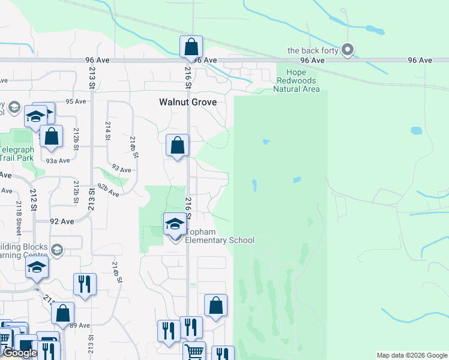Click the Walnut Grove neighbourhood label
tap(187, 102)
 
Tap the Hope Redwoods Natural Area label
tap(297, 81)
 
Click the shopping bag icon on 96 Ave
tap(191, 46)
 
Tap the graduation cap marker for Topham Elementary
tap(175, 225)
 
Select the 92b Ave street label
tap(109, 190)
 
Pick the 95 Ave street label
tap(76, 101)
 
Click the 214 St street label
tap(108, 127)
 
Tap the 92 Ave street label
tap(62, 221)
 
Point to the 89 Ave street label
tap(80, 325)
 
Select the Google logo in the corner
tap(20, 353)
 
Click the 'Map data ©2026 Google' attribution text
tap(411, 355)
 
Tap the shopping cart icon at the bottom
tap(193, 352)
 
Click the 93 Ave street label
tap(121, 170)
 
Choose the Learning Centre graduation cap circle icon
tap(57, 250)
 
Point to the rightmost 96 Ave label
tap(420, 61)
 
